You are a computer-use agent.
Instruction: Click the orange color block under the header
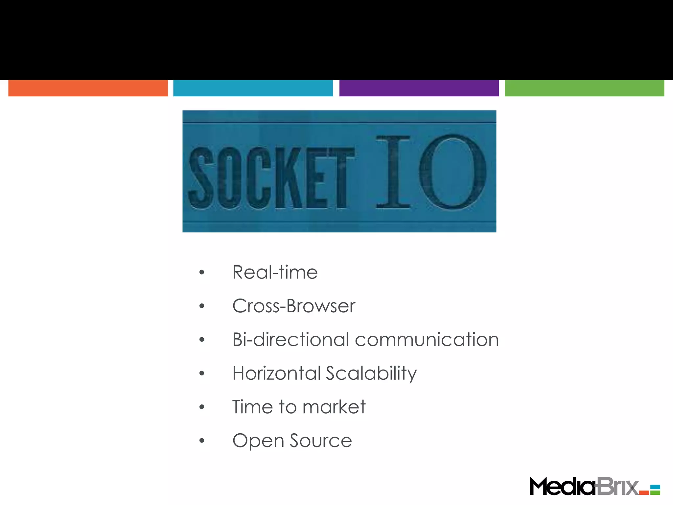88,88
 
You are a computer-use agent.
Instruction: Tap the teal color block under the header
253,88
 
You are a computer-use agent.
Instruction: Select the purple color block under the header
419,88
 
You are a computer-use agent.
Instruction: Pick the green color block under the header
584,88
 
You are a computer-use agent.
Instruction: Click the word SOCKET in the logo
271,178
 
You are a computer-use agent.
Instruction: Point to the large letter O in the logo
453,172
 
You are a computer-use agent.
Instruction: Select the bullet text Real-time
275,272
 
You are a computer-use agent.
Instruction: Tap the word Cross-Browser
294,306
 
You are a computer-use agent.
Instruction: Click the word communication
427,340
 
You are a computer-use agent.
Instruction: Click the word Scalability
371,373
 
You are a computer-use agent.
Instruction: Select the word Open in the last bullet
258,441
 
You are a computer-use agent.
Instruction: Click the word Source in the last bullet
321,441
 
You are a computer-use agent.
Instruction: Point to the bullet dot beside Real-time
202,272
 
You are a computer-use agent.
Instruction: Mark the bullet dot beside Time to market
202,407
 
